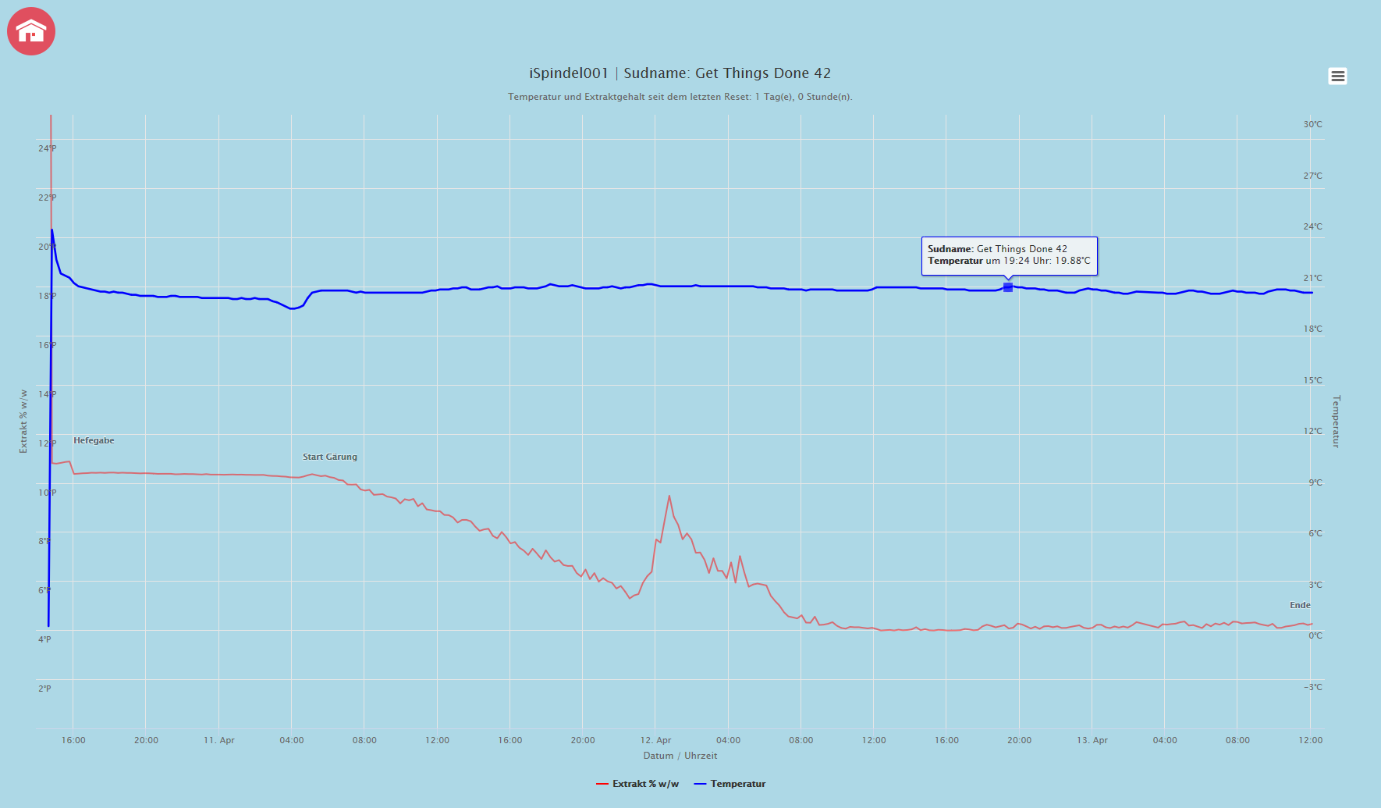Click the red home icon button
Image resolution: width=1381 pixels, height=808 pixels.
click(x=31, y=31)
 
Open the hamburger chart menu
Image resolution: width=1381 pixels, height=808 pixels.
click(x=1337, y=76)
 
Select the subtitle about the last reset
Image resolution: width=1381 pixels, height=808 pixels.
click(x=680, y=97)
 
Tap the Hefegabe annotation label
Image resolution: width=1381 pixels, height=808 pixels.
click(x=94, y=440)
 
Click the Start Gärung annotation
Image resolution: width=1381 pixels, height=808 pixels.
click(x=330, y=457)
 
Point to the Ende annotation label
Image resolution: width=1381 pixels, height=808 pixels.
click(x=1300, y=605)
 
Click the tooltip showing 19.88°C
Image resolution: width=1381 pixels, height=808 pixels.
click(x=1009, y=255)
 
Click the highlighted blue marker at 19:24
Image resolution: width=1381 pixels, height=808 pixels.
click(x=1008, y=287)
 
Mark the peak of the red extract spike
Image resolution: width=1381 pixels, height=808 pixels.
click(x=669, y=496)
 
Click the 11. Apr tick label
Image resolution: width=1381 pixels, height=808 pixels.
click(x=219, y=740)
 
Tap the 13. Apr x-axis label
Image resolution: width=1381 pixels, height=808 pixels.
click(x=1092, y=740)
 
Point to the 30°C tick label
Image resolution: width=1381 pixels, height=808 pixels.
click(x=1312, y=124)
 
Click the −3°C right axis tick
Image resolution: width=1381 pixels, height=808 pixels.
click(x=1312, y=687)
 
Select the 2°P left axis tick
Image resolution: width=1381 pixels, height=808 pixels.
click(x=44, y=689)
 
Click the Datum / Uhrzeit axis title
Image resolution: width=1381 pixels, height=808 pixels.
click(x=680, y=756)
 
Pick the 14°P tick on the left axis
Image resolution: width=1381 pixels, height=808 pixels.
click(x=47, y=394)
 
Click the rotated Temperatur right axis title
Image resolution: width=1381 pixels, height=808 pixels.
click(x=1336, y=422)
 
